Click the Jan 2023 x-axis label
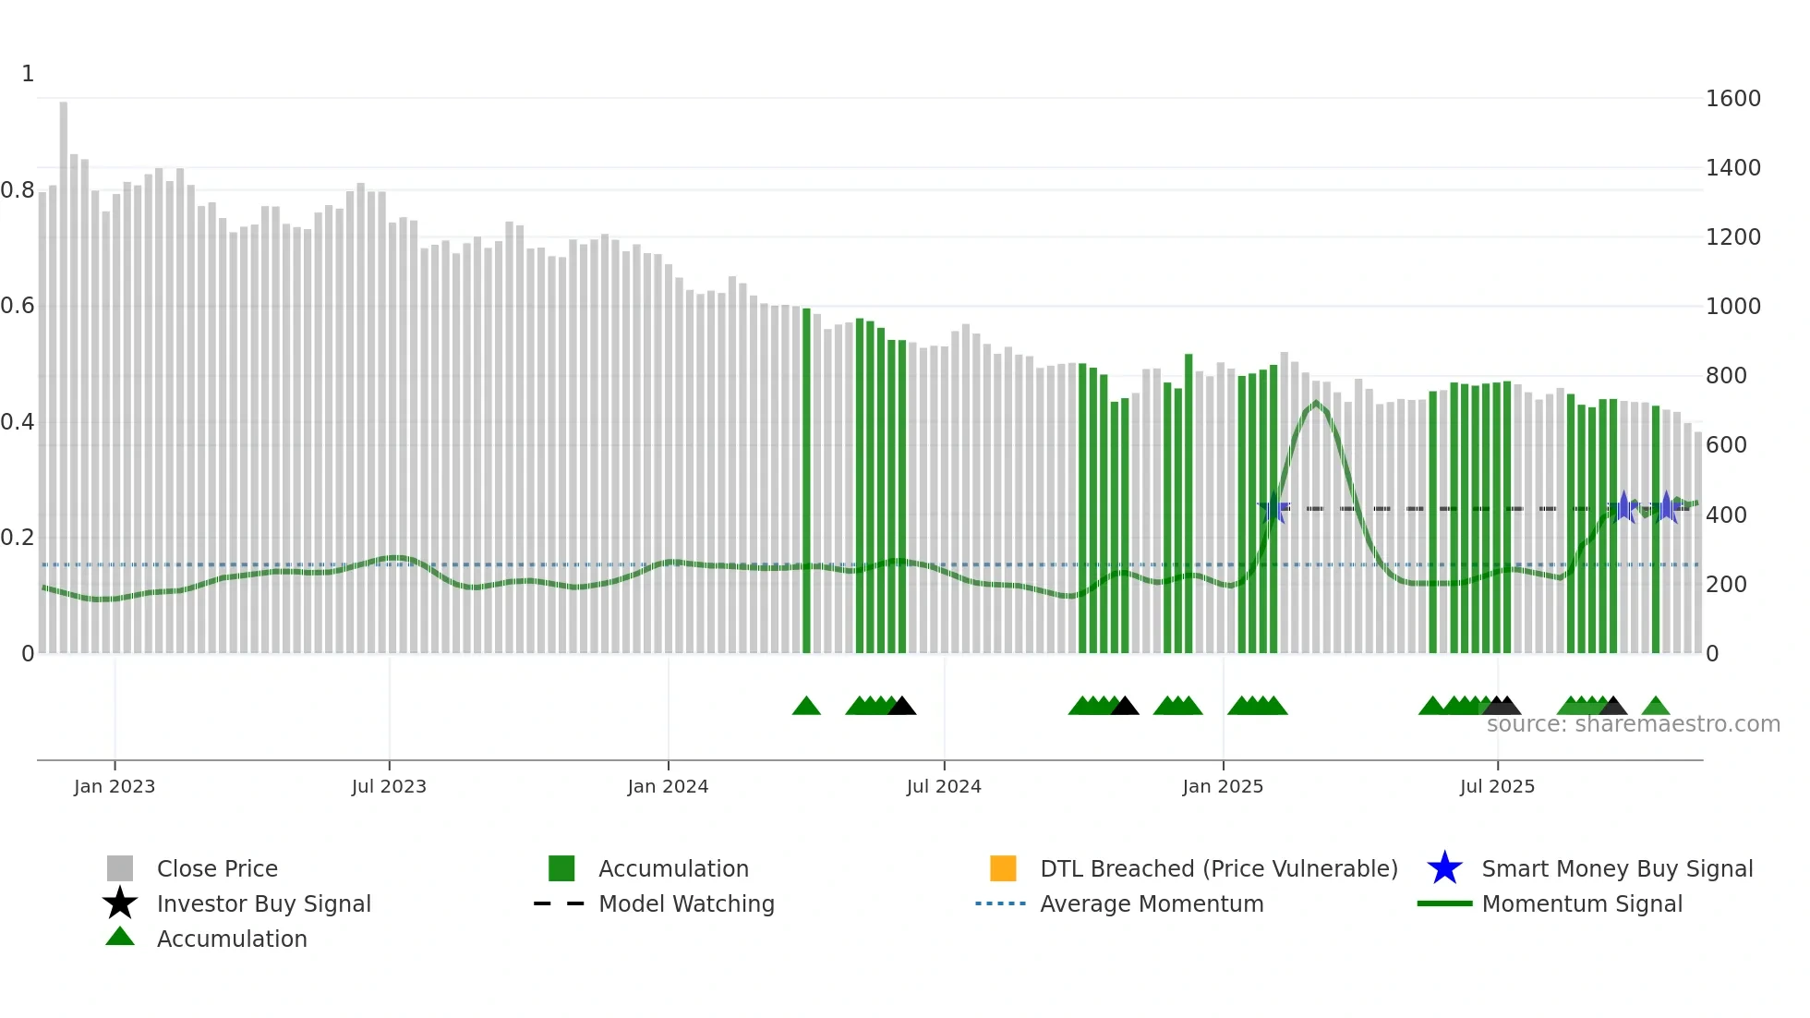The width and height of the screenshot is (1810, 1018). (115, 786)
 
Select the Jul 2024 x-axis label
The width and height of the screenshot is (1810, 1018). (944, 786)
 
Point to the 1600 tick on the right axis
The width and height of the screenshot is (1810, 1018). (1732, 99)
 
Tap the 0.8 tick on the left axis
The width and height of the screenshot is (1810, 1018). (18, 190)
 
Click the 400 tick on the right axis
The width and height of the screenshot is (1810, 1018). (1726, 515)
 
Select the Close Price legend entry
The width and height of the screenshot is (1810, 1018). (217, 868)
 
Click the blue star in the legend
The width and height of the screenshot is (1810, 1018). (1444, 868)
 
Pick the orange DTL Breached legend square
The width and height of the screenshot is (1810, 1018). (1003, 868)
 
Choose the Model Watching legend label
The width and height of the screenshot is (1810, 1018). (686, 903)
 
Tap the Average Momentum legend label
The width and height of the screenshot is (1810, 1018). (1152, 903)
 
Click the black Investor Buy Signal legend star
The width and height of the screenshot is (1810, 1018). (120, 903)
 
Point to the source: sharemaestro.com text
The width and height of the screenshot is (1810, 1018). (1633, 724)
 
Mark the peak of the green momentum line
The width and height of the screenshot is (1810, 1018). (1316, 403)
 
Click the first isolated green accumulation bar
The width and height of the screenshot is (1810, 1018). (806, 480)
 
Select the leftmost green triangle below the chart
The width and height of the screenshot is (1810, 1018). (806, 707)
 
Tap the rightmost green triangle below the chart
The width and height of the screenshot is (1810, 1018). (1656, 707)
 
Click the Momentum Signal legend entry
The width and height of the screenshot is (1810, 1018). (1581, 903)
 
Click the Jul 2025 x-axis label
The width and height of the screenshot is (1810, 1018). (1497, 786)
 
